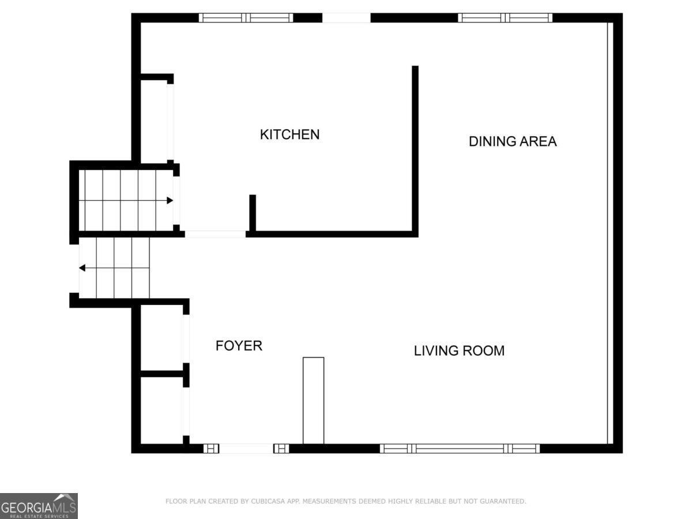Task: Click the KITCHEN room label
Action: tap(289, 134)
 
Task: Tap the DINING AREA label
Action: tap(512, 141)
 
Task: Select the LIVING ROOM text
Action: tap(459, 350)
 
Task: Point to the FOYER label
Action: tap(239, 345)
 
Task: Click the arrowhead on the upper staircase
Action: tap(170, 200)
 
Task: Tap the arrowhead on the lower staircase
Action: tap(82, 268)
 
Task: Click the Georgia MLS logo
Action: tap(39, 506)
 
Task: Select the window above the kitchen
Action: tap(246, 18)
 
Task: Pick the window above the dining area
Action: tap(505, 18)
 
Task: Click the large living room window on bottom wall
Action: tap(460, 448)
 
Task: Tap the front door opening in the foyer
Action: tap(246, 448)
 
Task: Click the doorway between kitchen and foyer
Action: tap(215, 234)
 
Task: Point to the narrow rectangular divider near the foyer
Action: tap(314, 400)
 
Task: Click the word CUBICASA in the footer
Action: tap(266, 502)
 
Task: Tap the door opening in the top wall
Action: tap(346, 18)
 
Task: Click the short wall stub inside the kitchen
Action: tap(253, 213)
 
